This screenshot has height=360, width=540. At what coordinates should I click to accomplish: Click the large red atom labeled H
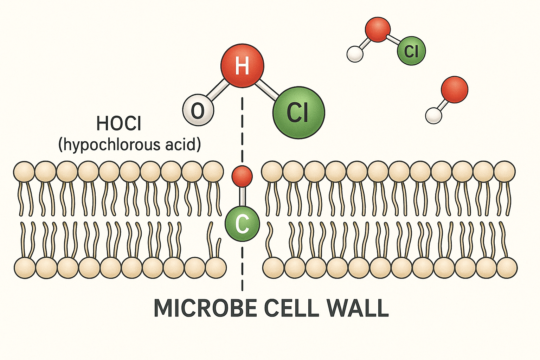click(242, 65)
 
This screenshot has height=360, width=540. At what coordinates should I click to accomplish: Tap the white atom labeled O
click(198, 110)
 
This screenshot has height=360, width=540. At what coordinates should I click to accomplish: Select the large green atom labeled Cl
click(298, 112)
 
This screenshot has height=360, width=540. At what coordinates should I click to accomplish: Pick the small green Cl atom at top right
click(411, 51)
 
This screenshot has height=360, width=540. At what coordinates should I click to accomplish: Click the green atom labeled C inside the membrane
click(242, 224)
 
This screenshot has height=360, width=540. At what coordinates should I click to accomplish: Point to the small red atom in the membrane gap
click(242, 176)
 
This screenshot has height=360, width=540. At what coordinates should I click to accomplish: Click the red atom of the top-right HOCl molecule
click(378, 30)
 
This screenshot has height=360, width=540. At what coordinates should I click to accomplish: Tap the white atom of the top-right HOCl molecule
click(355, 54)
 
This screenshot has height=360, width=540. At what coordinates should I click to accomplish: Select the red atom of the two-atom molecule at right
click(454, 90)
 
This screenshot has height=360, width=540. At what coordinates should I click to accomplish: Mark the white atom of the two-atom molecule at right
click(433, 115)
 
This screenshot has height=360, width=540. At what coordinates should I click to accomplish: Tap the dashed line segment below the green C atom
click(242, 267)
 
